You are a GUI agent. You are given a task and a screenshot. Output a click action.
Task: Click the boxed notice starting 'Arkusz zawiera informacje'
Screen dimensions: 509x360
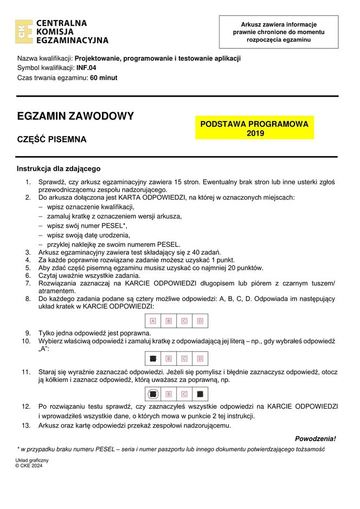coord(278,32)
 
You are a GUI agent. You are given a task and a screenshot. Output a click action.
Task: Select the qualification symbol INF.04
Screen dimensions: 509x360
coord(86,68)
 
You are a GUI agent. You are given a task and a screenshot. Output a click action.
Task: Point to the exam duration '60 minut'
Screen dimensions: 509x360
coord(104,78)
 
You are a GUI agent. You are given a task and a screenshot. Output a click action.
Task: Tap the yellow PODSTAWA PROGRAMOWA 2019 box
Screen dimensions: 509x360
coord(254,128)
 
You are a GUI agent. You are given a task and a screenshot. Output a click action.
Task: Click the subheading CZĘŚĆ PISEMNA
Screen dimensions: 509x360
coord(52,139)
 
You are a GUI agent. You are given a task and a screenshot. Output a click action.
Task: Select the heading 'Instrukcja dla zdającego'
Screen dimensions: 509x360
coord(59,169)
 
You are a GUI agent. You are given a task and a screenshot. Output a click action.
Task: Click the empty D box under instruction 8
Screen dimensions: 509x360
coord(200,321)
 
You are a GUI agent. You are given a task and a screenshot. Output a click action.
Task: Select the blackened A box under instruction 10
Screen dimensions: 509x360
coord(153,359)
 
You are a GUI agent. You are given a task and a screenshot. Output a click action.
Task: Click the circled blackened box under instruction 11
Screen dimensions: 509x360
coord(153,394)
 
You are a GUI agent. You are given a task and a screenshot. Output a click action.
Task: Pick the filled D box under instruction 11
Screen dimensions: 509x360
coord(200,394)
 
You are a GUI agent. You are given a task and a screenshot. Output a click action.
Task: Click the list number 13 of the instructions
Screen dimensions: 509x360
coord(26,425)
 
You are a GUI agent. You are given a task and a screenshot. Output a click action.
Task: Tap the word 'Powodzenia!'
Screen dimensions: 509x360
coord(315,438)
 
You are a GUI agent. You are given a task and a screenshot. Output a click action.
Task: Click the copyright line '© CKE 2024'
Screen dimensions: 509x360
coord(29,466)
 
